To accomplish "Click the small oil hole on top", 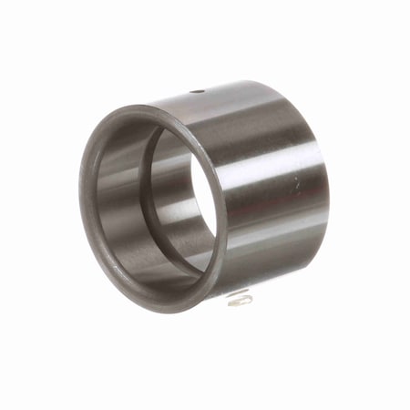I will (199, 91).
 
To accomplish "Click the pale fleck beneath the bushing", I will (239, 298).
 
